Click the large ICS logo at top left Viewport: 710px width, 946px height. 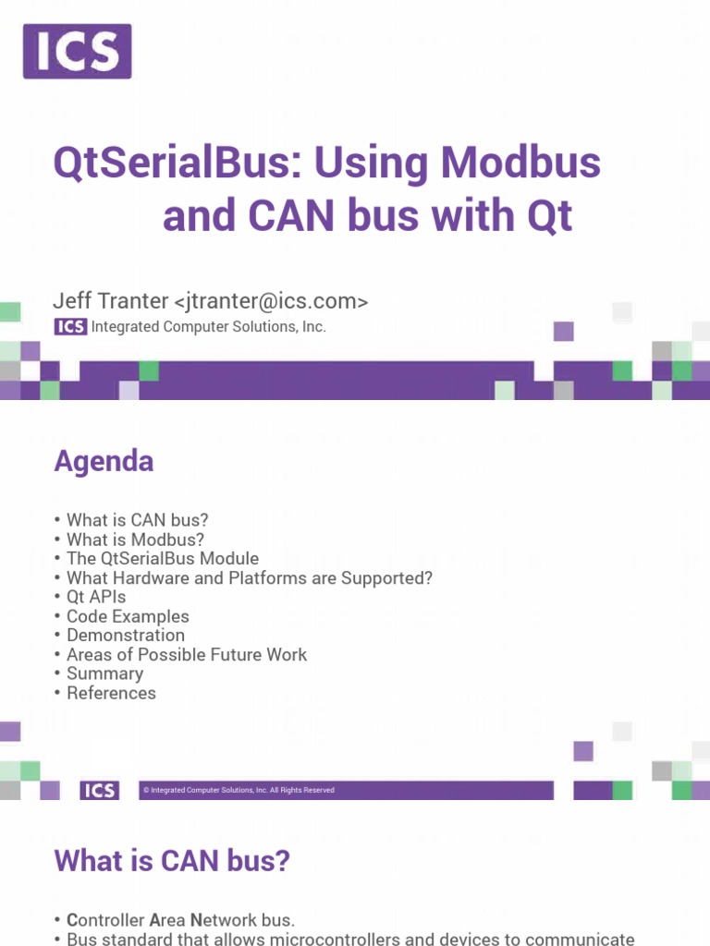click(78, 52)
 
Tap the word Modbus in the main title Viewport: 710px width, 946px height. click(520, 162)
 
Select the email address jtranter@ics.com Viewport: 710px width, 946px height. click(271, 300)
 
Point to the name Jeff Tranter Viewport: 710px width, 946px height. click(111, 300)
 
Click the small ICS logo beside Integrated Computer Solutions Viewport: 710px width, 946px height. click(70, 326)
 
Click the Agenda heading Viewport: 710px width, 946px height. click(104, 462)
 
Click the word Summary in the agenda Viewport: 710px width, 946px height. click(105, 673)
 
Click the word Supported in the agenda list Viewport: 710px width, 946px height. click(386, 578)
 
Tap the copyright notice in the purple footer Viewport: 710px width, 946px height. click(239, 790)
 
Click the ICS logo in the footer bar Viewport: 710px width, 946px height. click(100, 791)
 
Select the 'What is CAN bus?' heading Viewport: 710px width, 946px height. click(172, 861)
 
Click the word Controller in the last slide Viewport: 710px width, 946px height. click(105, 920)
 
